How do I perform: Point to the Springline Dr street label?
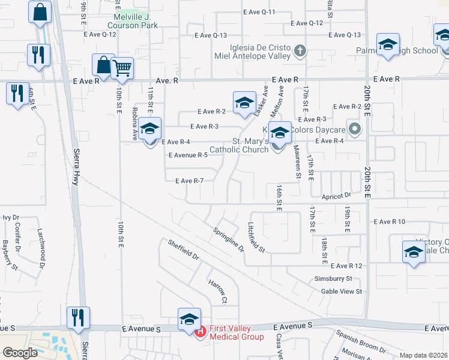229,239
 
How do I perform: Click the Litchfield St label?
256,236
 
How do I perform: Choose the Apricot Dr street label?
336,196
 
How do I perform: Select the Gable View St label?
342,292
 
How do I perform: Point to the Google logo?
20,353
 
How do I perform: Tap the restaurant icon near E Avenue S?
78,317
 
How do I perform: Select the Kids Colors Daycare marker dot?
355,129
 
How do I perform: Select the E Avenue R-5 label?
188,155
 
